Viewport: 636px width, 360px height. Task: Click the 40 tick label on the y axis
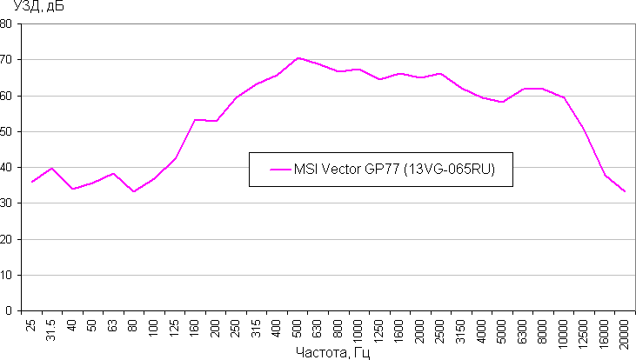pos(7,167)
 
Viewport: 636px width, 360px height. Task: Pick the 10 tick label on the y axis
pos(7,275)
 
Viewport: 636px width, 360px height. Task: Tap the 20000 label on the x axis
pos(623,331)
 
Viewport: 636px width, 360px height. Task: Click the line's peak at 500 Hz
pos(298,58)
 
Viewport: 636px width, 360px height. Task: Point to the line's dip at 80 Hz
pos(134,191)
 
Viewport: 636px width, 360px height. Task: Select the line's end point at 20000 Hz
pos(624,191)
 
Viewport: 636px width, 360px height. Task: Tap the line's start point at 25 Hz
pos(32,182)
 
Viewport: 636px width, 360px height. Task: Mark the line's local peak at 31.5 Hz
pos(52,168)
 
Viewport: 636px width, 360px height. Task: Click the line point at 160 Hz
pos(196,120)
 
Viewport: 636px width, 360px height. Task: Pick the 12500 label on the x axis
pos(583,331)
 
